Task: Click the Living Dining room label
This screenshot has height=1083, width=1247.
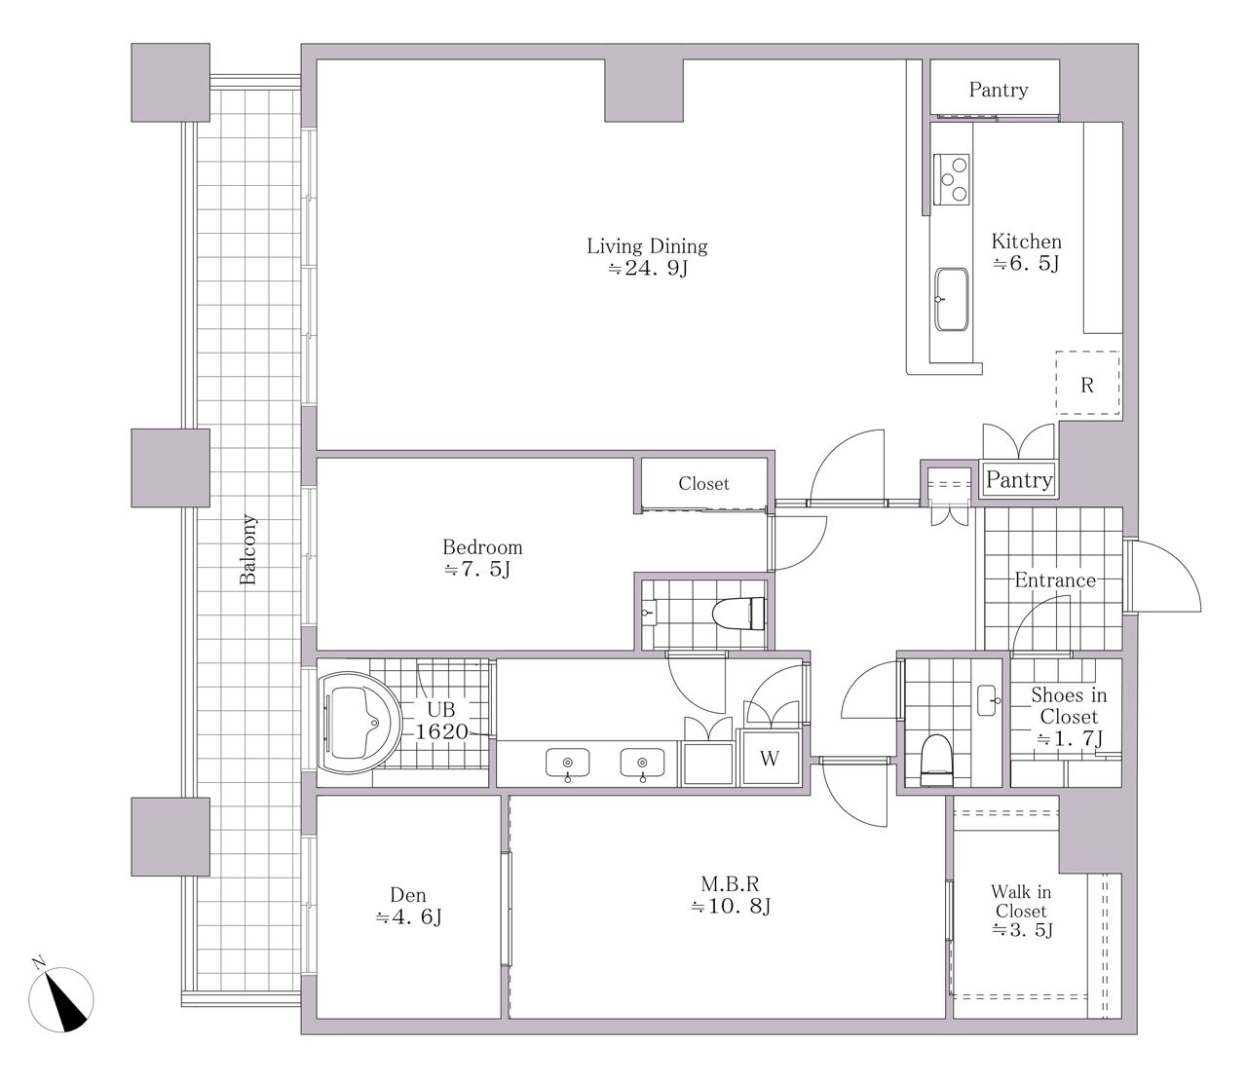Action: tap(647, 256)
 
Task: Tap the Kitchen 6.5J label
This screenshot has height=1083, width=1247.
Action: tap(1027, 251)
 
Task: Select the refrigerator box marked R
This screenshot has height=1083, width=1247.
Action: tap(1087, 383)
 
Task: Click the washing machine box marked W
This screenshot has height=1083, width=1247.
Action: tap(770, 759)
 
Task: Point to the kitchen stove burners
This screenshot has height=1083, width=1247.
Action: tap(952, 179)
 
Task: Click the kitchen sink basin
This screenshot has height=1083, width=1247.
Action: tap(952, 299)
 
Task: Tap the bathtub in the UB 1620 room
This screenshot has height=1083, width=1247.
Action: tap(359, 723)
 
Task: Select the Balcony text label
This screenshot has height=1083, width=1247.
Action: tap(248, 550)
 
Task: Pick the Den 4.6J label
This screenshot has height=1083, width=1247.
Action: tap(408, 906)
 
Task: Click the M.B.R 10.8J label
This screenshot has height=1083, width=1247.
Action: tap(730, 895)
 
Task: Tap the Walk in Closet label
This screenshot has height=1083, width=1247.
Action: tap(1022, 911)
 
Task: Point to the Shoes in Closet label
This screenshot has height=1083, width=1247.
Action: tap(1069, 716)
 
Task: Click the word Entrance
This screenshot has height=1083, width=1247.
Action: tap(1055, 579)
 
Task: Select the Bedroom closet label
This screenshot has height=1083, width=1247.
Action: tap(704, 483)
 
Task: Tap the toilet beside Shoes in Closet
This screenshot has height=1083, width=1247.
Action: tap(936, 759)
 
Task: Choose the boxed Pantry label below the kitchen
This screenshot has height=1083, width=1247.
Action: tap(1019, 480)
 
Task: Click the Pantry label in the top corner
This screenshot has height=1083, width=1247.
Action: tap(999, 90)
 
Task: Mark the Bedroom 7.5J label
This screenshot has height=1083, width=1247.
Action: tap(482, 557)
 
